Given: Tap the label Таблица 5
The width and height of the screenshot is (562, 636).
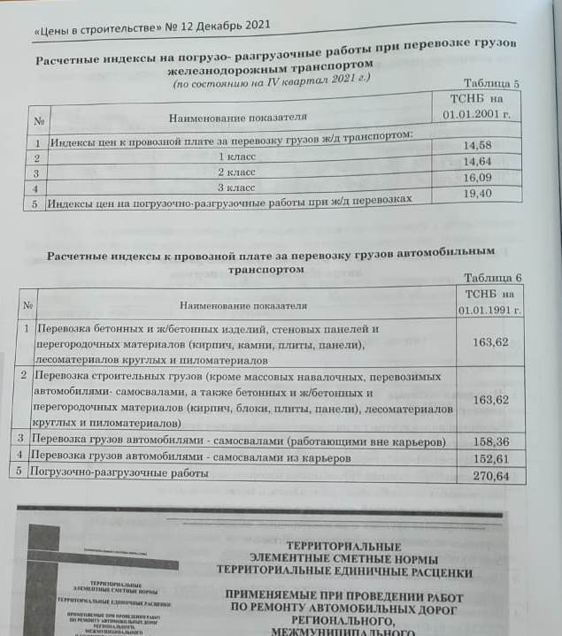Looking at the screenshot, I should (491, 83).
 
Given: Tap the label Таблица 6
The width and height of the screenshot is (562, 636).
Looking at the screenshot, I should (493, 278).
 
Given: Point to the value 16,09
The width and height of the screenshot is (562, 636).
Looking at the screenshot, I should (477, 177).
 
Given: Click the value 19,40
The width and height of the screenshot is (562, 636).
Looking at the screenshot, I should (477, 193).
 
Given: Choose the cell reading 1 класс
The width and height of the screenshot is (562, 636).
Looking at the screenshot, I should (236, 156).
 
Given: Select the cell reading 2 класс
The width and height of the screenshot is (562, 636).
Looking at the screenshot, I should (236, 172).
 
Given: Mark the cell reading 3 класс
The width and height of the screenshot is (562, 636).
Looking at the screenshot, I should (236, 187).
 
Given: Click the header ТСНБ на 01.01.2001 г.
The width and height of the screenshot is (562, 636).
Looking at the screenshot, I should (477, 107).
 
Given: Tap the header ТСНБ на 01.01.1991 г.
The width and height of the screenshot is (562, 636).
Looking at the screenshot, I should (489, 302).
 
